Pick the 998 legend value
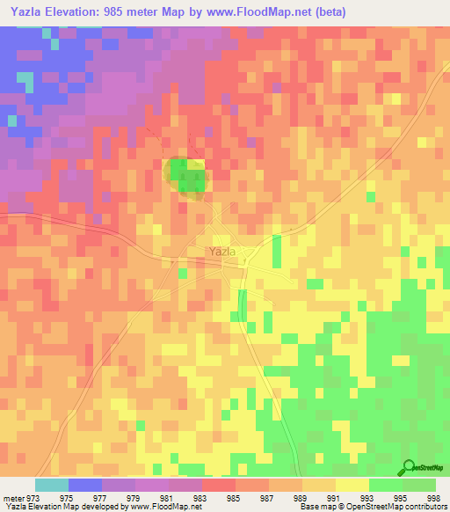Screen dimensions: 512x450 [435, 498]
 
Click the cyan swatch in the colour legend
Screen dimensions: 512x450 [52, 485]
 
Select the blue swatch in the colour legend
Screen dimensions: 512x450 [85, 485]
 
